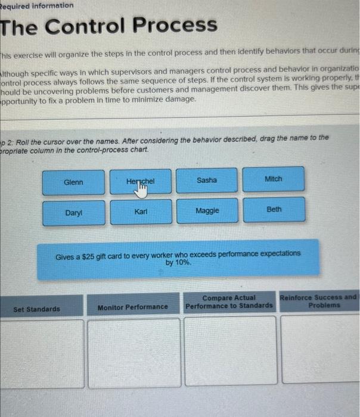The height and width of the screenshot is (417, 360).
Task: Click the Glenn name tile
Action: (x=74, y=182)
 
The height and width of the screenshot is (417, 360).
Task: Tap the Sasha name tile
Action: (x=207, y=180)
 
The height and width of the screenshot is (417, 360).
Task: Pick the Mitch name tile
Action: (x=274, y=179)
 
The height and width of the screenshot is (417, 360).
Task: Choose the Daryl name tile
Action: (x=74, y=212)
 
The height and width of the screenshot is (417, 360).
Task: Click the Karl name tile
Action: (x=141, y=211)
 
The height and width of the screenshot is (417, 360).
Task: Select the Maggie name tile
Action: (x=207, y=210)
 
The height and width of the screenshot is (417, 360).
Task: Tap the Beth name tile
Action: (x=274, y=209)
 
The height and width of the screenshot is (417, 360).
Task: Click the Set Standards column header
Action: (x=37, y=309)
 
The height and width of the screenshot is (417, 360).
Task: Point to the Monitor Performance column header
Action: (x=133, y=307)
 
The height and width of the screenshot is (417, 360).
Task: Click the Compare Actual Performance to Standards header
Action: (x=229, y=302)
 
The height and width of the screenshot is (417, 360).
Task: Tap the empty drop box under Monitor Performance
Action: (x=134, y=351)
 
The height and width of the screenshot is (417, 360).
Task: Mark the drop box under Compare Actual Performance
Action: (x=230, y=350)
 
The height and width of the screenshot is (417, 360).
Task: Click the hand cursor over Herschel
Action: (x=142, y=188)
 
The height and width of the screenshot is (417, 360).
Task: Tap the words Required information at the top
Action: (x=37, y=5)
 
